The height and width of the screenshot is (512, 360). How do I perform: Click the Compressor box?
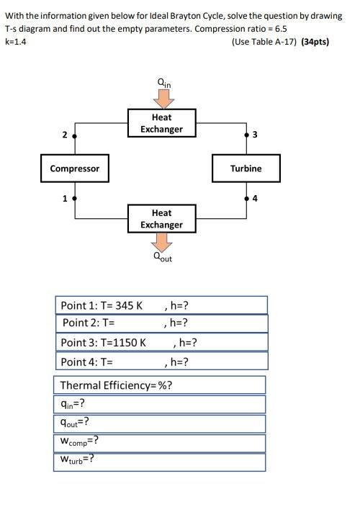point(75,169)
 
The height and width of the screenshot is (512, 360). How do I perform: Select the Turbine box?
point(246,169)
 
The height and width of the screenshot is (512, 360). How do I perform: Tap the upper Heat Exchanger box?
point(161,123)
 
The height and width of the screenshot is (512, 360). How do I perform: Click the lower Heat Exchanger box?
point(161,219)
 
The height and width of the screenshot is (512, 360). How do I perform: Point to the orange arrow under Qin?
point(161,98)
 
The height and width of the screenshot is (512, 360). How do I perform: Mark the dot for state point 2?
point(75,135)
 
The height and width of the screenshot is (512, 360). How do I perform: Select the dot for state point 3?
point(246,135)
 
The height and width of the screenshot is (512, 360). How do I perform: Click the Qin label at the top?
point(163,83)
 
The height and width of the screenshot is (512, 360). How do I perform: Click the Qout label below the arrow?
point(162,257)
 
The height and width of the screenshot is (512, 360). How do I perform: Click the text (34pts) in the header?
point(310,42)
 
